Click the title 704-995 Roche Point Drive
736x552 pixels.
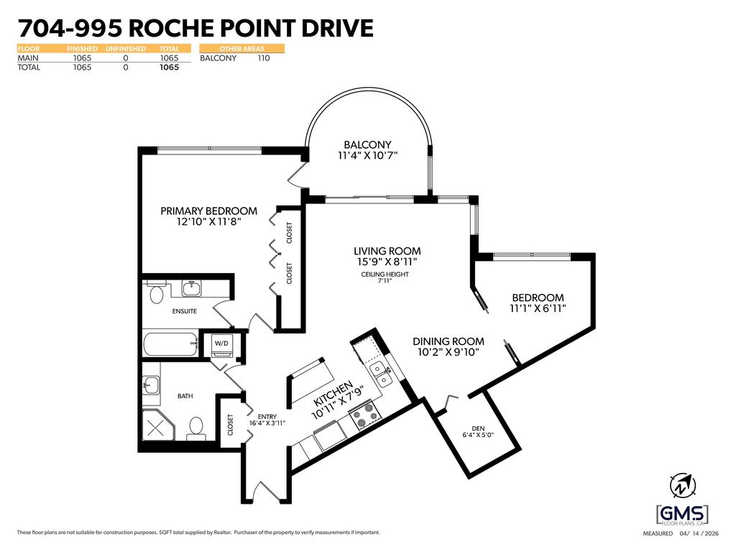click(x=195, y=28)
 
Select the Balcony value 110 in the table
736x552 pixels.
click(x=263, y=58)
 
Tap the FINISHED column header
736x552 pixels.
click(x=82, y=49)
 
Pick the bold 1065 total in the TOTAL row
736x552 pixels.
click(x=169, y=68)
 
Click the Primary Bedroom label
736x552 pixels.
click(x=208, y=211)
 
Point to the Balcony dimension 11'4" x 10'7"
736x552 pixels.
click(x=368, y=155)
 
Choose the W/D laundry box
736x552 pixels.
click(x=221, y=344)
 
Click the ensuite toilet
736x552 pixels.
click(x=156, y=294)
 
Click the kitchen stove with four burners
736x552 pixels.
click(x=366, y=414)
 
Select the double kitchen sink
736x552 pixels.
click(x=381, y=374)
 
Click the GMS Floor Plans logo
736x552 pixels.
click(x=682, y=515)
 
